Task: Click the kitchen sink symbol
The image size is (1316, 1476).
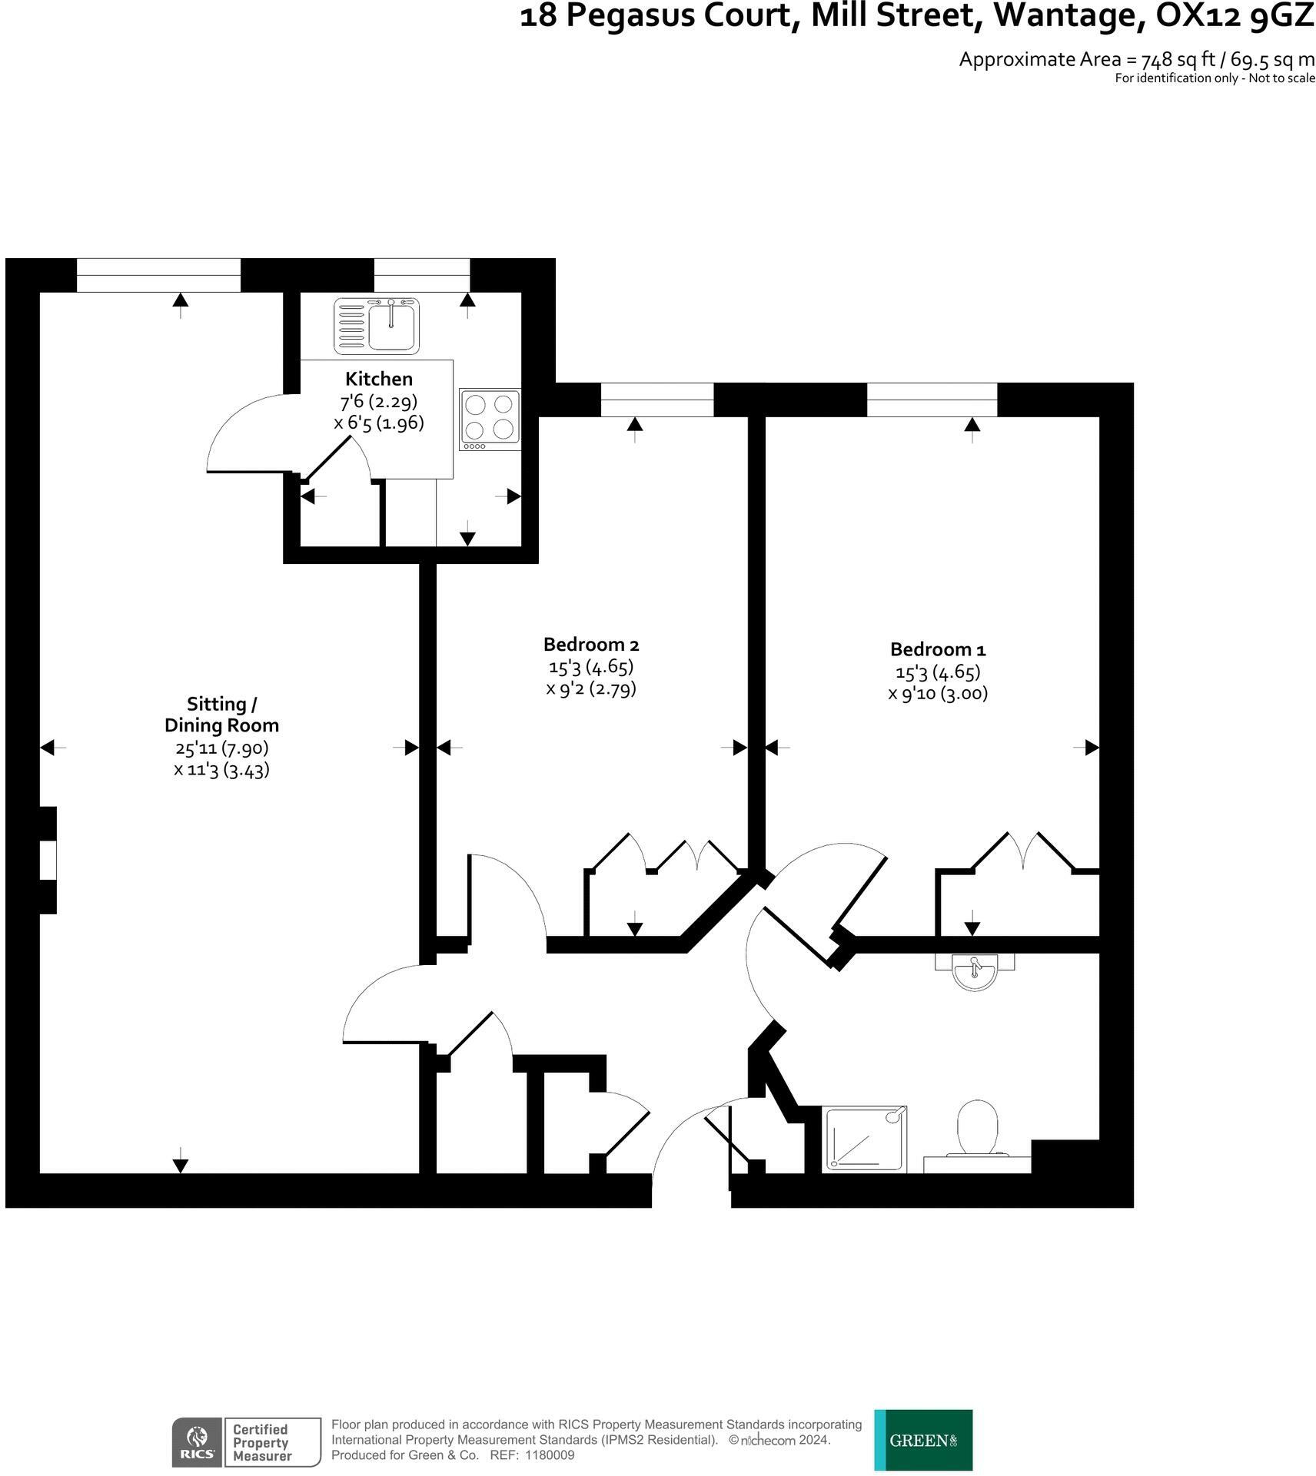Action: tap(377, 326)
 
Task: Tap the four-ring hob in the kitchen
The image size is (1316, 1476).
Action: tap(490, 420)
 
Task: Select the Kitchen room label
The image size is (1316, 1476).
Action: tap(379, 379)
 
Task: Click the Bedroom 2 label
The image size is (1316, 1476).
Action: tap(591, 644)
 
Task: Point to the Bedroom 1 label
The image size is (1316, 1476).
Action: tap(938, 649)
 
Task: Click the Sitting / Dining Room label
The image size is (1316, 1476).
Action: tap(221, 715)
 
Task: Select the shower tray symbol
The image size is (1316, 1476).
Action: tap(865, 1139)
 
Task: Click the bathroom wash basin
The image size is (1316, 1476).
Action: tap(975, 972)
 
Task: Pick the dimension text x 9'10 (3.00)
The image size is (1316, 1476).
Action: tap(938, 694)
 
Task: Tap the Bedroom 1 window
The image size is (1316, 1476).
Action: tap(932, 400)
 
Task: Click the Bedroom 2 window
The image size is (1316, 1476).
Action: tap(656, 400)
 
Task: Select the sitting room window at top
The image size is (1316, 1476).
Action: tap(158, 275)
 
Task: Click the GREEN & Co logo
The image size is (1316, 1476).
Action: tap(923, 1440)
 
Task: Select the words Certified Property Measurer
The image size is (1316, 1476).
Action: tap(262, 1442)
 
